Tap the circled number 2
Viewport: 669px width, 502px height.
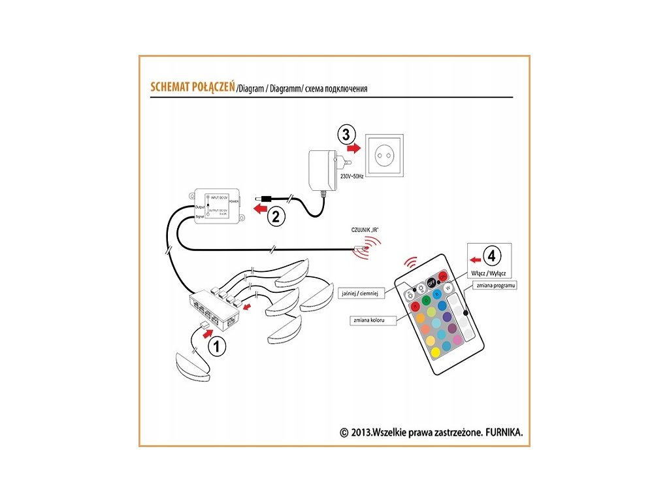276,216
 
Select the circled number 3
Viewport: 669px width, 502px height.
346,135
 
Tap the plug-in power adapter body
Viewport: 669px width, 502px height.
321,169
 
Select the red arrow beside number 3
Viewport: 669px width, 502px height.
353,149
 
